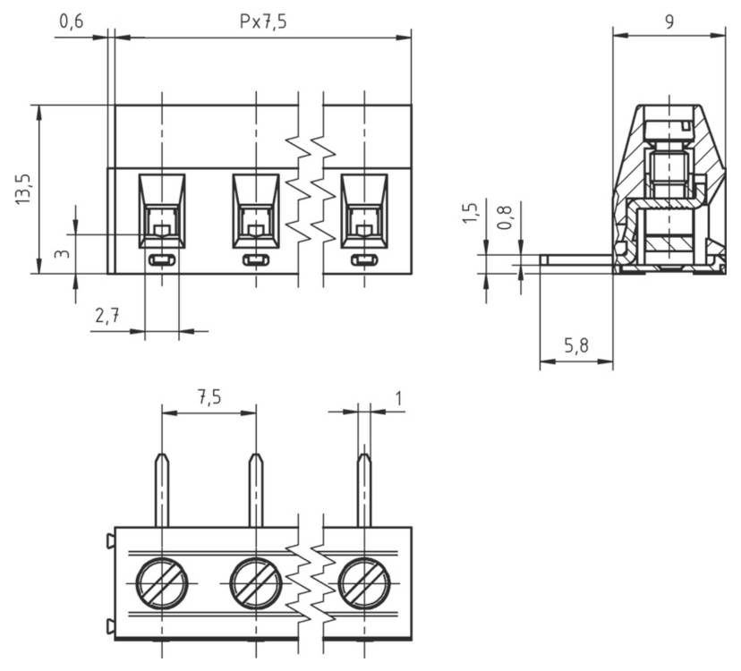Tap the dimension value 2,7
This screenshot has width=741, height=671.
tap(108, 316)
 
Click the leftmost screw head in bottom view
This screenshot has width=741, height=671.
tap(161, 583)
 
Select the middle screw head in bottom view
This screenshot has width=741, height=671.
tap(256, 583)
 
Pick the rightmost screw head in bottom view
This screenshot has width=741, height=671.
tap(363, 583)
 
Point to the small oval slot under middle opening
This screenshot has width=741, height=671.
tap(257, 260)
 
